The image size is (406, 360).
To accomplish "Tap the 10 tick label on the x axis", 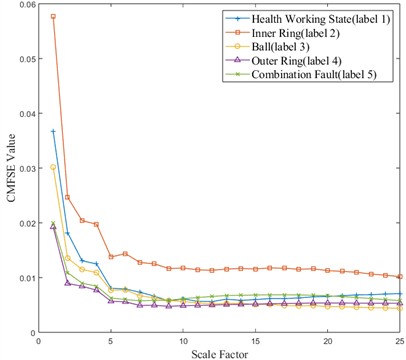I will click(x=183, y=340).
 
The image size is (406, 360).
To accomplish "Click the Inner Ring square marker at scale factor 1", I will click(x=53, y=17).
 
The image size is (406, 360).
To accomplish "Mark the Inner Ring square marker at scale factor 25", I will click(x=400, y=276).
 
